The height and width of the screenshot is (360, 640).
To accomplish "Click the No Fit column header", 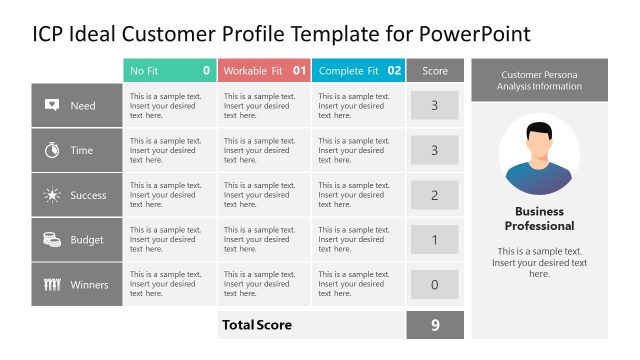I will coord(168,71).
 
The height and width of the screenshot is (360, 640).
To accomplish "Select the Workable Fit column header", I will coord(264,71).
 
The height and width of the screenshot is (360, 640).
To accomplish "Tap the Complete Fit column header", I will coord(358,71).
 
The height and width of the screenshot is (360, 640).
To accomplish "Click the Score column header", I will coord(435,71).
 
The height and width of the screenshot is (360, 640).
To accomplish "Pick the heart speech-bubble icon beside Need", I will coord(52,105).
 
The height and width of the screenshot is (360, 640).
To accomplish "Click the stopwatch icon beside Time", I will coord(52,150).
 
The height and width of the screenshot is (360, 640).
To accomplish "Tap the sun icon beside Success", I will coord(52,195).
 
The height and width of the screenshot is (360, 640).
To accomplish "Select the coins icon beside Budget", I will coord(52,240).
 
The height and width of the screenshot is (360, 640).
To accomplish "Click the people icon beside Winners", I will coord(52,285).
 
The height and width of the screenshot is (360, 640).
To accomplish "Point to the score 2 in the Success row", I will coord(434,195).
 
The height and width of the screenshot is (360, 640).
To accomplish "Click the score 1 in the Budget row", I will coord(434,240).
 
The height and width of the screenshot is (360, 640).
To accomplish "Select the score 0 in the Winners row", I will coord(434,285).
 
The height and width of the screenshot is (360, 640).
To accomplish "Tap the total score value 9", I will coord(434,325).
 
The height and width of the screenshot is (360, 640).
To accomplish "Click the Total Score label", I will coord(256,325).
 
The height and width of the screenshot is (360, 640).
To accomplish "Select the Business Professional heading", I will coord(539,218).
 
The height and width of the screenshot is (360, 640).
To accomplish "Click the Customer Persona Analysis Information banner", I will coord(539,80).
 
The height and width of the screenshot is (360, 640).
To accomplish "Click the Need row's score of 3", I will coord(434,105).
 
